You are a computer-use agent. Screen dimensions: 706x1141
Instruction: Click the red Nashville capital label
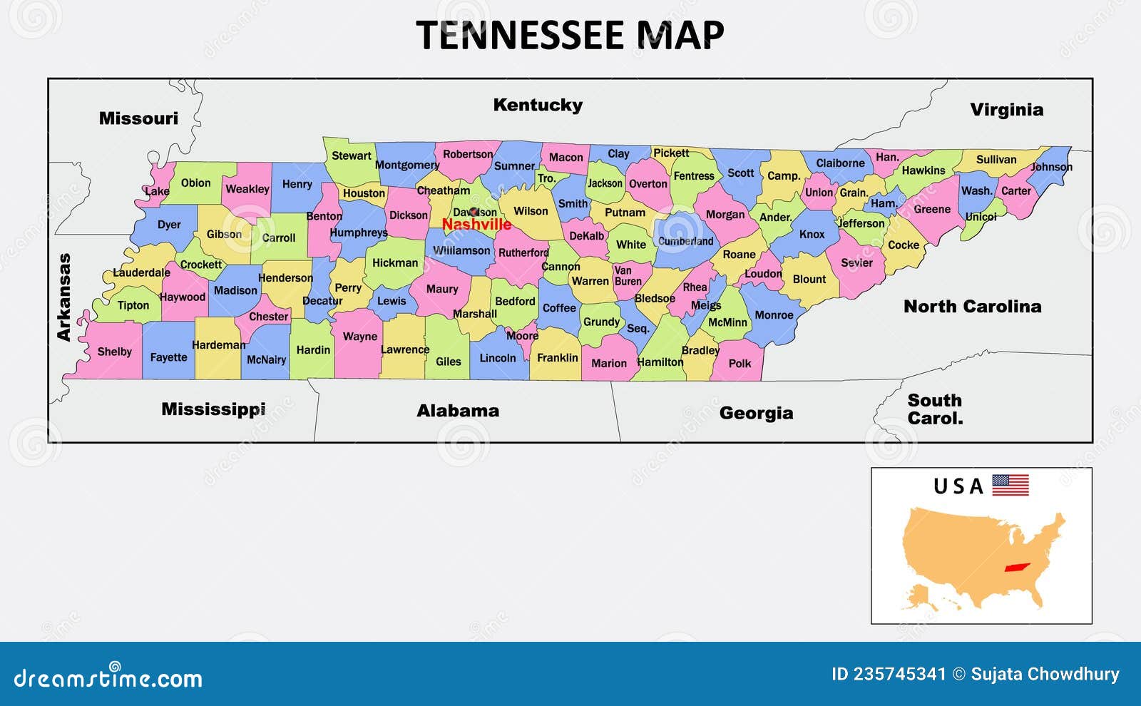point(476,224)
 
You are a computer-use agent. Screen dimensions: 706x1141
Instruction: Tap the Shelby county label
point(115,352)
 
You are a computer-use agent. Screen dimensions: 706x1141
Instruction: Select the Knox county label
point(812,234)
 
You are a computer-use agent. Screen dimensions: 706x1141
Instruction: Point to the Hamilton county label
point(660,362)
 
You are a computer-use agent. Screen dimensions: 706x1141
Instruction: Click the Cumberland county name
point(685,241)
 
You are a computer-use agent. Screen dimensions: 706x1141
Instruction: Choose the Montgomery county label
point(406,165)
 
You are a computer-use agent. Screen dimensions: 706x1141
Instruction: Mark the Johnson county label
point(1051,167)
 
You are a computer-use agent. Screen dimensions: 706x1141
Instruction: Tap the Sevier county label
point(856,262)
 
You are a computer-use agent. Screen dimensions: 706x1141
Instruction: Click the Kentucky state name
point(538,105)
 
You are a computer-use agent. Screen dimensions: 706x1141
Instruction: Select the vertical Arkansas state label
point(64,297)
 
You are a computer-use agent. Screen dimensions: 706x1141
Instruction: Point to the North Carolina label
point(972,307)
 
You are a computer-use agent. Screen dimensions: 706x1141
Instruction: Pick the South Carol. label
point(935,409)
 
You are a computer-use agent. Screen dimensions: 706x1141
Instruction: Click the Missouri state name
point(138,118)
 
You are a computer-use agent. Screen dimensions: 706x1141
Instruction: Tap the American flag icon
point(1010,485)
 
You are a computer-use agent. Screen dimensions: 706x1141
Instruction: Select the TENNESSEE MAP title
point(570,35)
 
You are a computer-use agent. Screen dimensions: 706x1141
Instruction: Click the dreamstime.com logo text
point(108,677)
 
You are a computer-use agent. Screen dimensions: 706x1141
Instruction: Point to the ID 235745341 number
point(889,674)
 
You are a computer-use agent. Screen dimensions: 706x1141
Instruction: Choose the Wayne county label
point(360,337)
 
